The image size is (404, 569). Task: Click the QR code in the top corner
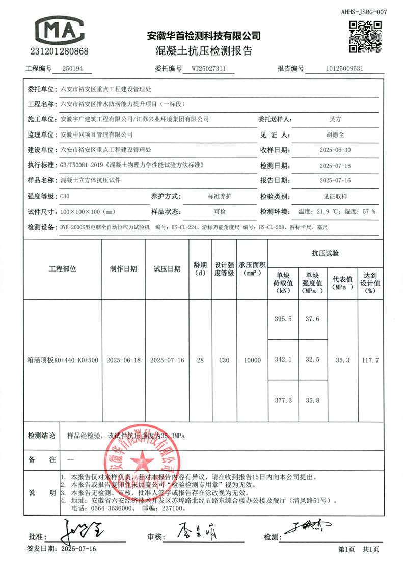[365, 36]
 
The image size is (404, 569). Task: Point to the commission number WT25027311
[212, 69]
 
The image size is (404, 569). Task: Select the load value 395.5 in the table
[283, 319]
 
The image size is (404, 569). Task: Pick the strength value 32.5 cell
[312, 360]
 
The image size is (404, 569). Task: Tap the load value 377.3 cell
[283, 400]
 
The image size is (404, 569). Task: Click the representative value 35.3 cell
[343, 360]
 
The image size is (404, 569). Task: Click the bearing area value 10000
[252, 360]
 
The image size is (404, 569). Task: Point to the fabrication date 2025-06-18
[123, 360]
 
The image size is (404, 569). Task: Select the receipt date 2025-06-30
[334, 150]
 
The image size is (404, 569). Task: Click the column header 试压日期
[167, 269]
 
